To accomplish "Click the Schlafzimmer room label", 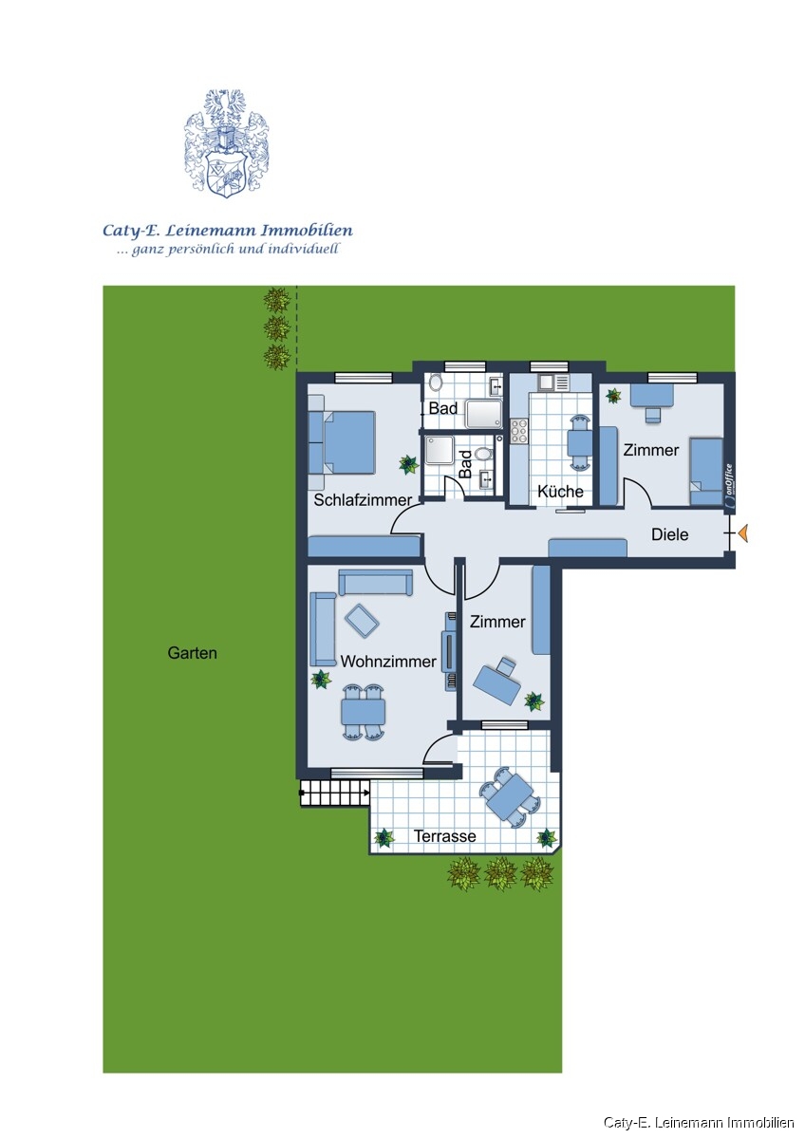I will click(x=363, y=500).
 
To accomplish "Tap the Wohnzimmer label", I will click(x=388, y=662).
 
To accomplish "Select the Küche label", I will click(x=560, y=492).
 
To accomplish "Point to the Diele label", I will click(x=669, y=534).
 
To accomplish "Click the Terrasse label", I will click(x=444, y=836).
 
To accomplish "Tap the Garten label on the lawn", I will click(x=192, y=653).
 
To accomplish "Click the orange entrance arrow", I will click(x=743, y=534).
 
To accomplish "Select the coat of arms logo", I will click(x=226, y=144).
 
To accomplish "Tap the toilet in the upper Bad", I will click(x=436, y=383).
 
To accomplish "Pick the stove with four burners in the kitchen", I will click(x=519, y=432).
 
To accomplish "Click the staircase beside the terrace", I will click(x=334, y=794).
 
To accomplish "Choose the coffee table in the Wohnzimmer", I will click(x=362, y=620).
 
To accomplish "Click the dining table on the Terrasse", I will click(x=508, y=797).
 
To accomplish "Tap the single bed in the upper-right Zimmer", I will click(x=705, y=471).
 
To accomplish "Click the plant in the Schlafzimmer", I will click(x=408, y=464).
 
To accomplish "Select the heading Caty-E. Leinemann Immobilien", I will click(x=228, y=230).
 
